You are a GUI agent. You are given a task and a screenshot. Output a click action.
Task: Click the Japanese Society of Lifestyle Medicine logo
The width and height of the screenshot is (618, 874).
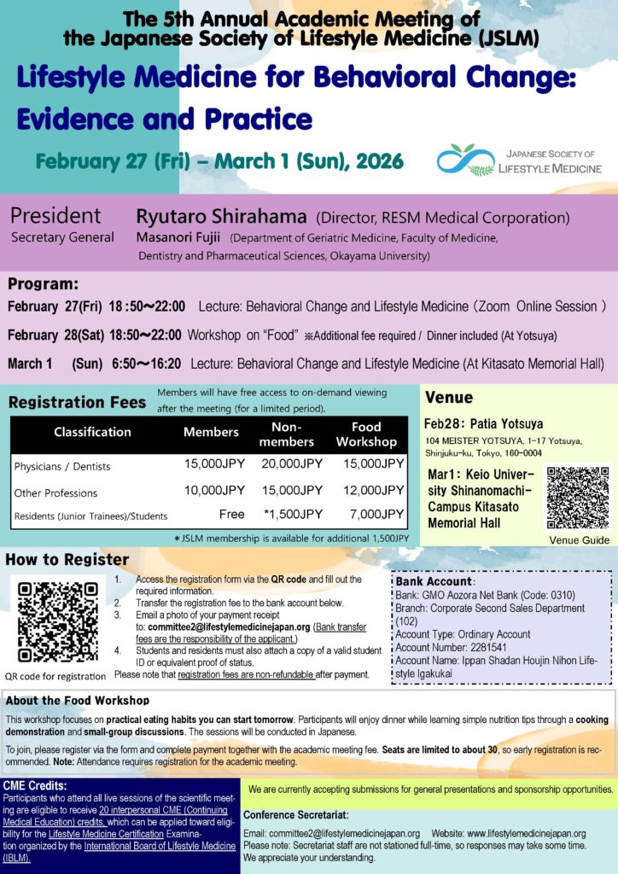516,159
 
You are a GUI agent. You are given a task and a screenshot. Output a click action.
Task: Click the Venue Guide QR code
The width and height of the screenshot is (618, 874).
579,498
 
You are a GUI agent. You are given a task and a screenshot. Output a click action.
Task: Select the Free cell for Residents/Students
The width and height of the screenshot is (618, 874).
230,515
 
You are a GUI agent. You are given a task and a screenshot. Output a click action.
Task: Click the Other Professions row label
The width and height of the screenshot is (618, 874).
55,492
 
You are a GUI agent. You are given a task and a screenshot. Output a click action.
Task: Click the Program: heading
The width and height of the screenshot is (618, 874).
43,284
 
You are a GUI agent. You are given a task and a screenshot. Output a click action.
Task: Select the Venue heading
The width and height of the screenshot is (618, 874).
448,398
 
